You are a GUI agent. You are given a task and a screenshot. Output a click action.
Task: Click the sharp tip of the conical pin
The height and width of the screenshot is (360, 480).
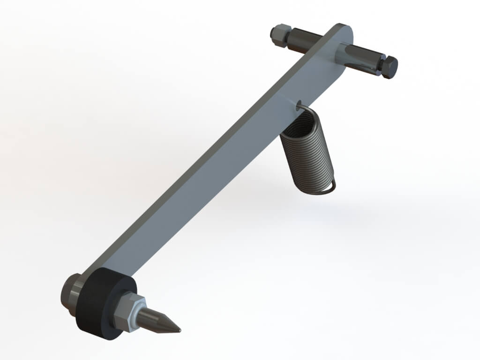coord(179,330)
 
